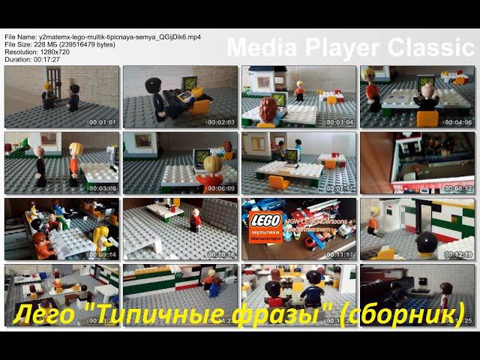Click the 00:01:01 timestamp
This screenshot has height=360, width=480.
pyautogui.click(x=103, y=122)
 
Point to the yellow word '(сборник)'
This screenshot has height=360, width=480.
pyautogui.click(x=402, y=313)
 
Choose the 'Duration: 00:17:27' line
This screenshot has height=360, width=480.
pyautogui.click(x=33, y=58)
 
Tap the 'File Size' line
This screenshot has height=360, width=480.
pyautogui.click(x=60, y=43)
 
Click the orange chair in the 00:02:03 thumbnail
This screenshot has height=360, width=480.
pyautogui.click(x=200, y=105)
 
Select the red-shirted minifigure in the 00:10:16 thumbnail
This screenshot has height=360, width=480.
pyautogui.click(x=195, y=220)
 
